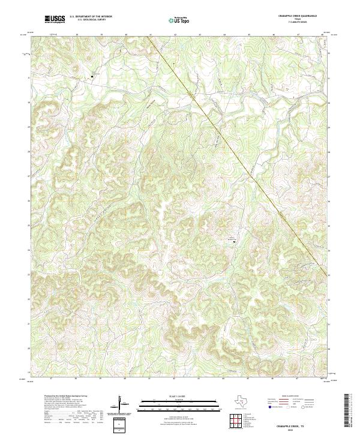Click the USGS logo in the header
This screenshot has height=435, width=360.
[55, 20]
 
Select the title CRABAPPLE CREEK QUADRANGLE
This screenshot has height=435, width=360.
[298, 15]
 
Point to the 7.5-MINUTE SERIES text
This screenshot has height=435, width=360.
[298, 22]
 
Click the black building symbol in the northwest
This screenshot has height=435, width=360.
[93, 76]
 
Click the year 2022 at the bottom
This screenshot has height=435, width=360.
[298, 428]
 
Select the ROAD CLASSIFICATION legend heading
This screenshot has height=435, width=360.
[298, 396]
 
